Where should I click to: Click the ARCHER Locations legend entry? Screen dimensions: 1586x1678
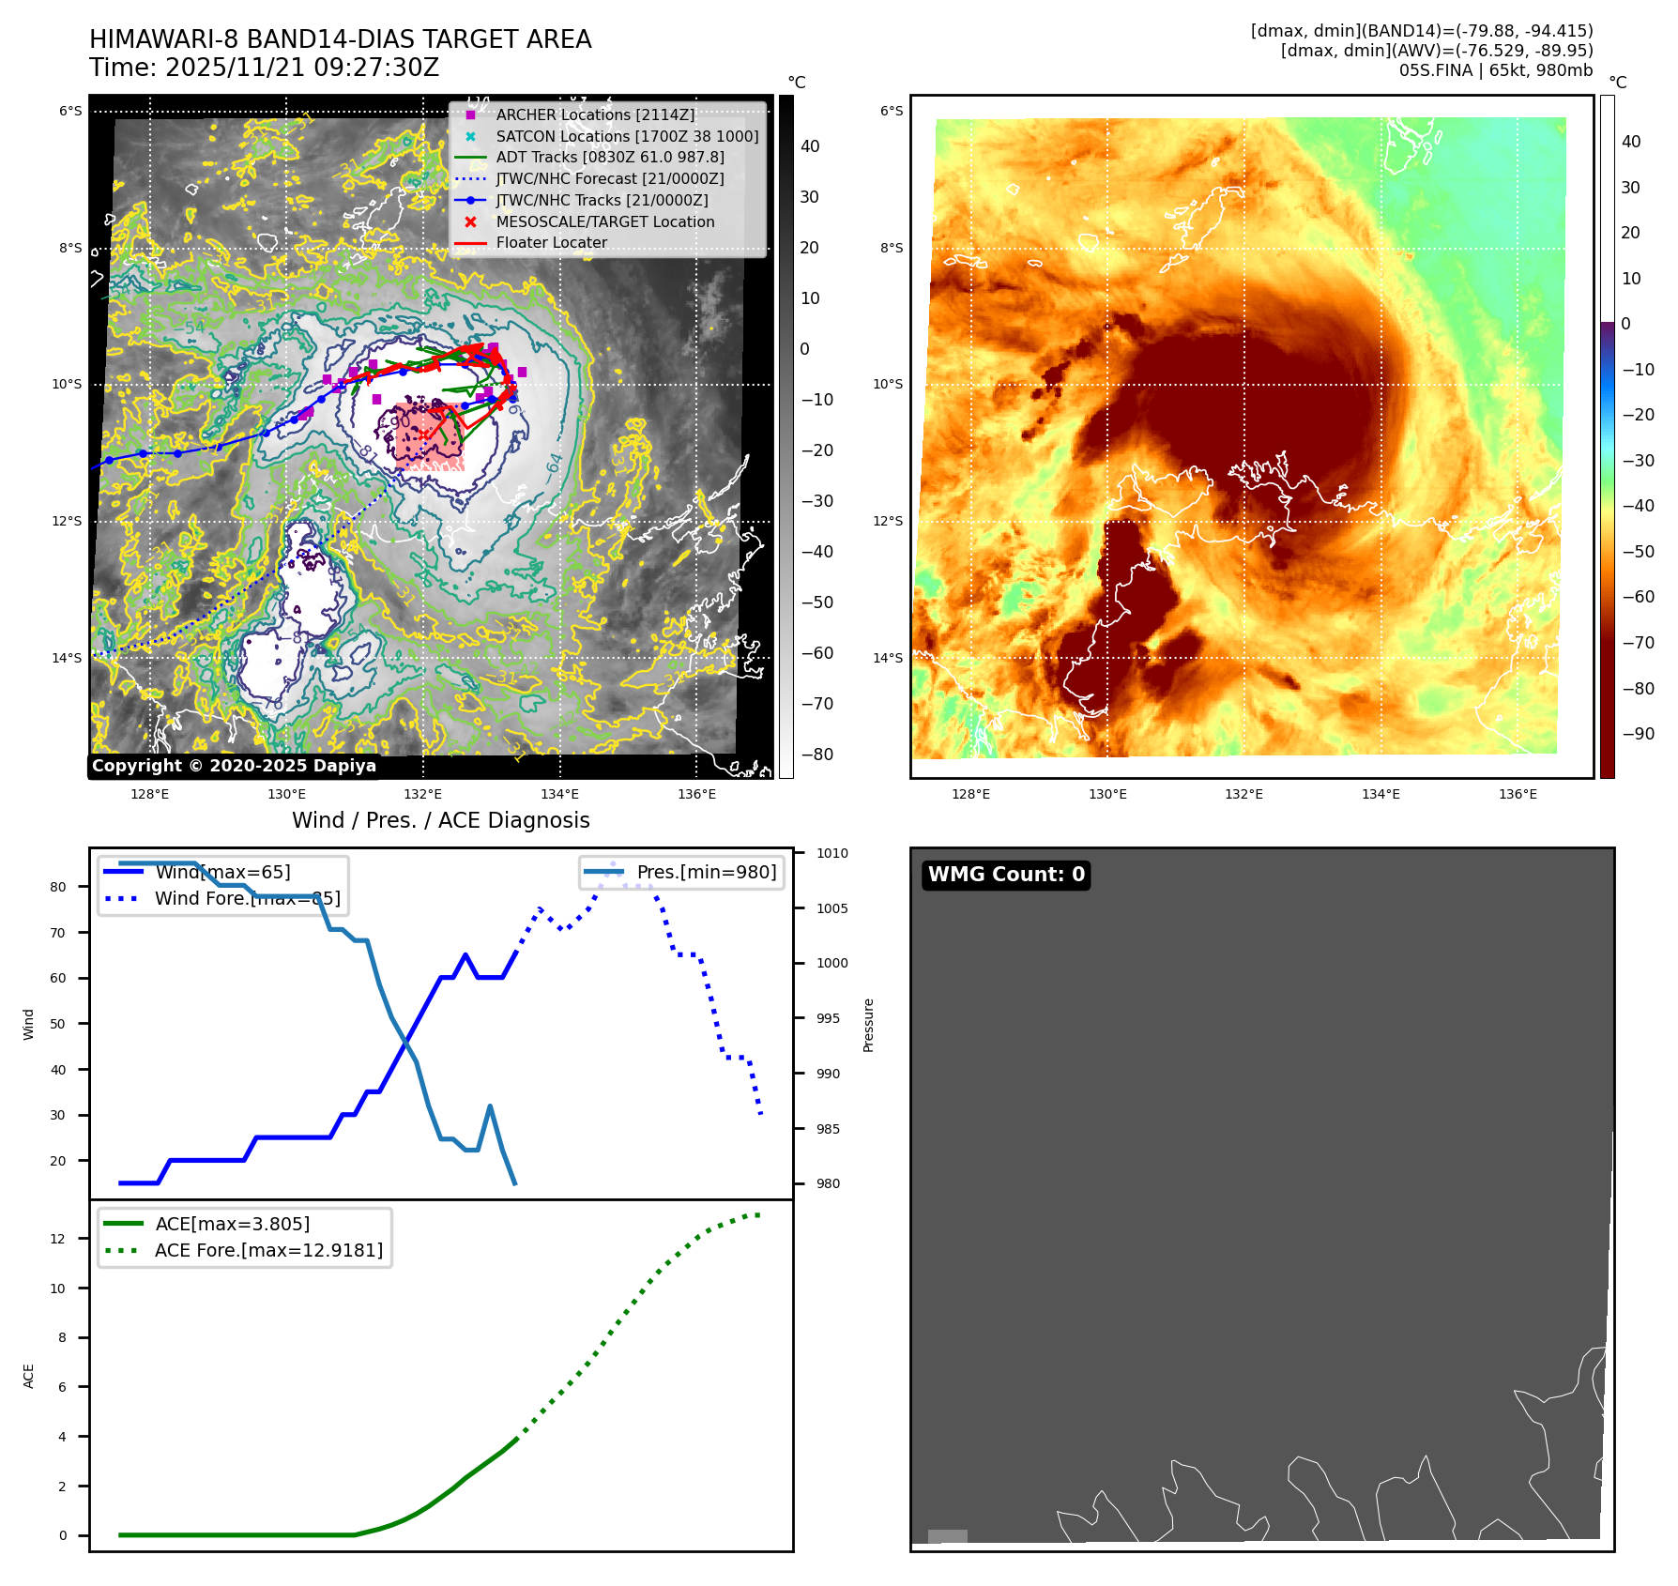[595, 114]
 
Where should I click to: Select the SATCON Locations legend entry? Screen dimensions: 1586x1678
[627, 136]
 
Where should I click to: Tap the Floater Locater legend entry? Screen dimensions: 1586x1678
[551, 242]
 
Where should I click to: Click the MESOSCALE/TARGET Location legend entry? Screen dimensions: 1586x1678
[604, 221]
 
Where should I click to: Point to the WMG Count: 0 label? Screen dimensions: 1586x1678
[1006, 875]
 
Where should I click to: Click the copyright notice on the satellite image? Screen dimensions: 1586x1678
[234, 766]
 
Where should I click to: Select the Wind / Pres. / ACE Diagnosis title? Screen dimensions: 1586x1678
[441, 820]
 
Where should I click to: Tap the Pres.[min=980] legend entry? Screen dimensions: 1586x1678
[706, 872]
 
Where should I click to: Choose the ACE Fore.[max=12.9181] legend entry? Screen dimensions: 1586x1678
[268, 1250]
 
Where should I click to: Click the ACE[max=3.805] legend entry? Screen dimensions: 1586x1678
[232, 1224]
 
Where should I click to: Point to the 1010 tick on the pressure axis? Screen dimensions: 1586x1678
[831, 853]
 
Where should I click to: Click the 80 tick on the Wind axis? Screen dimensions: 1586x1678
[58, 887]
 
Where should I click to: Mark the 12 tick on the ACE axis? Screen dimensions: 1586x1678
[58, 1239]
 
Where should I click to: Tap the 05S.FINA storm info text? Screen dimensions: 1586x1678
[1495, 70]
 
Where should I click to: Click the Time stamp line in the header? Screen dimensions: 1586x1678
[265, 68]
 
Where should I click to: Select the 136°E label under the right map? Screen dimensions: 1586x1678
[1518, 794]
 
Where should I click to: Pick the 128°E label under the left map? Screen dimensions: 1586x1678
[150, 794]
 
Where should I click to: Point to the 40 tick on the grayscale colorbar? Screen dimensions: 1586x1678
[810, 146]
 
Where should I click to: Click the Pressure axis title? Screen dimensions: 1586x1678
[869, 1025]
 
